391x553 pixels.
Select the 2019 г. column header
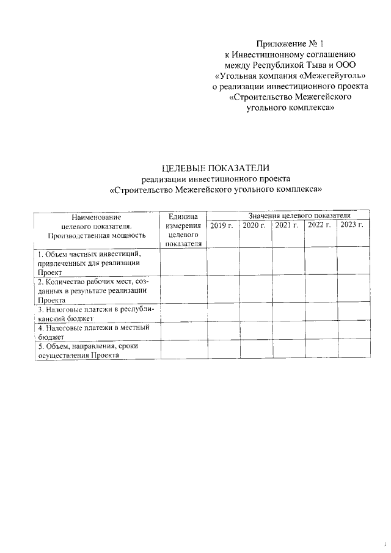[x=222, y=225]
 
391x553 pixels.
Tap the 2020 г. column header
[x=254, y=225]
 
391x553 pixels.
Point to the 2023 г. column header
[x=353, y=225]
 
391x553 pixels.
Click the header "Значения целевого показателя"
[x=287, y=216]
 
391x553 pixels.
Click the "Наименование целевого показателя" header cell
[x=97, y=225]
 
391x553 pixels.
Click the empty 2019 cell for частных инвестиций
[x=222, y=262]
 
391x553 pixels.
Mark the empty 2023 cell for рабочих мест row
[x=353, y=290]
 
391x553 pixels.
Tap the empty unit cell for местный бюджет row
[x=183, y=331]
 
